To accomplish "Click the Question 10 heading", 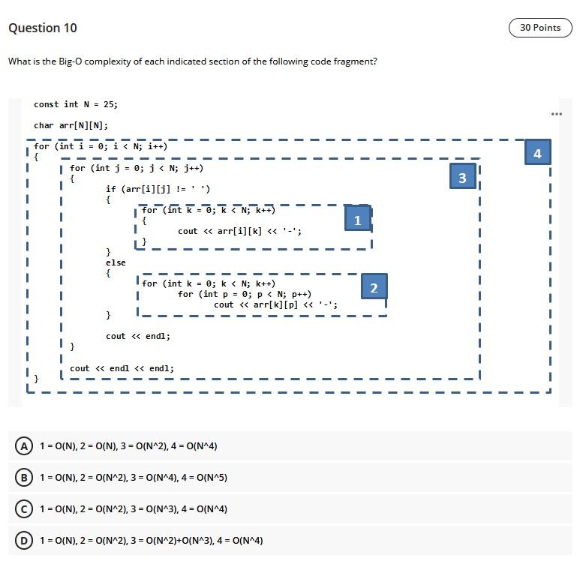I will click(42, 28).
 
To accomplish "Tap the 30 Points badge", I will click(540, 28).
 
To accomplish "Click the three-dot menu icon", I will click(556, 114).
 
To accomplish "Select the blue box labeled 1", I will click(357, 220).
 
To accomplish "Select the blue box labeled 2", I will click(374, 288).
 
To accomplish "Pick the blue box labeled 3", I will click(462, 177).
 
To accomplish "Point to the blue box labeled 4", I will click(537, 153).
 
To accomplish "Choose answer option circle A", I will click(25, 446).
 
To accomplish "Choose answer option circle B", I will click(25, 478).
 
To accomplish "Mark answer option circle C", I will click(25, 509).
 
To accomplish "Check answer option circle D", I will click(25, 541).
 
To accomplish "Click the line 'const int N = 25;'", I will click(76, 104).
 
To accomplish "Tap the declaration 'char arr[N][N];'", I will click(71, 125).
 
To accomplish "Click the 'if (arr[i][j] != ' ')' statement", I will click(158, 189).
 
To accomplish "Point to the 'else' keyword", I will click(116, 262).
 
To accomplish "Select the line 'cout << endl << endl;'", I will click(122, 368).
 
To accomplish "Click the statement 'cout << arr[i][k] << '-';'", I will click(239, 231).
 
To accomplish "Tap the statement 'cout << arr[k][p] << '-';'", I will click(275, 304).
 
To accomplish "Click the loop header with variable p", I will click(245, 294).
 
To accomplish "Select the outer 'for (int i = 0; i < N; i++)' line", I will click(101, 146).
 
